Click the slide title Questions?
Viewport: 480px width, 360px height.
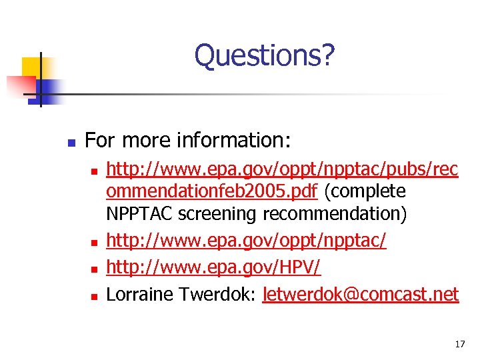(x=264, y=55)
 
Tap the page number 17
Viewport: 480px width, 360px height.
(x=459, y=344)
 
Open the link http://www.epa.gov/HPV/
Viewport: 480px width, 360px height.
(x=213, y=269)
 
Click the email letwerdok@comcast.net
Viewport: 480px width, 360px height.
(x=361, y=294)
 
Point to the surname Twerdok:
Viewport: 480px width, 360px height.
(x=225, y=294)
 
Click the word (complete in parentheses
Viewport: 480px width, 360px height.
(x=365, y=192)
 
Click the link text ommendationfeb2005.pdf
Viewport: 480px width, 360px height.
(x=213, y=192)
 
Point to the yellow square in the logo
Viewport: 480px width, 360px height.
(x=31, y=66)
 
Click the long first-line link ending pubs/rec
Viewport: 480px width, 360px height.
(x=282, y=170)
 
